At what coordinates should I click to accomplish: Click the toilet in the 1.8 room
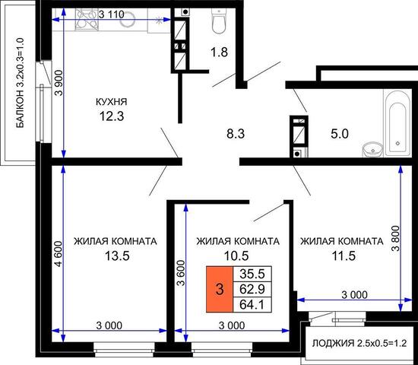coord(219,21)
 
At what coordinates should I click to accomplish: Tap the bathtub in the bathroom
coord(397,122)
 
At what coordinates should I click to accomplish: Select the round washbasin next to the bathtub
coord(372,149)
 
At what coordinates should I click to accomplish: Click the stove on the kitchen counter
coord(86,19)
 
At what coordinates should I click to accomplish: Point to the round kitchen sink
coord(128,19)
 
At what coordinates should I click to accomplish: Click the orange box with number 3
coord(220,289)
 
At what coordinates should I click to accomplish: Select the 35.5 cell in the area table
coord(252,274)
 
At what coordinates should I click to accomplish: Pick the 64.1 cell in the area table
coord(252,304)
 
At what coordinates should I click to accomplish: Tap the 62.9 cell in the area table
coord(252,289)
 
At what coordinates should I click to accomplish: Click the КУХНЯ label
coord(112,102)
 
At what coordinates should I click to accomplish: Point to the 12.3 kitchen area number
coord(112,116)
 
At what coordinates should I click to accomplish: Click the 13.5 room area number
coord(117,256)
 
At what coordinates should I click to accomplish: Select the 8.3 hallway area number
coord(236,134)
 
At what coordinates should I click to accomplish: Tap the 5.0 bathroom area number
coord(340,134)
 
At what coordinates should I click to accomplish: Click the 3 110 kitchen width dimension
coord(112,14)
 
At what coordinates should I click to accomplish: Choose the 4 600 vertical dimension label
coord(59,253)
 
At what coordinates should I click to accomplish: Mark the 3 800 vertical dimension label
coord(396,238)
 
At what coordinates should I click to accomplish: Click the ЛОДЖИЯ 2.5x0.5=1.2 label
coord(359,344)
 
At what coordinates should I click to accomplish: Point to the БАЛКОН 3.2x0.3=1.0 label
coord(20,83)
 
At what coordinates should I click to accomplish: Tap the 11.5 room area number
coord(344,256)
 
